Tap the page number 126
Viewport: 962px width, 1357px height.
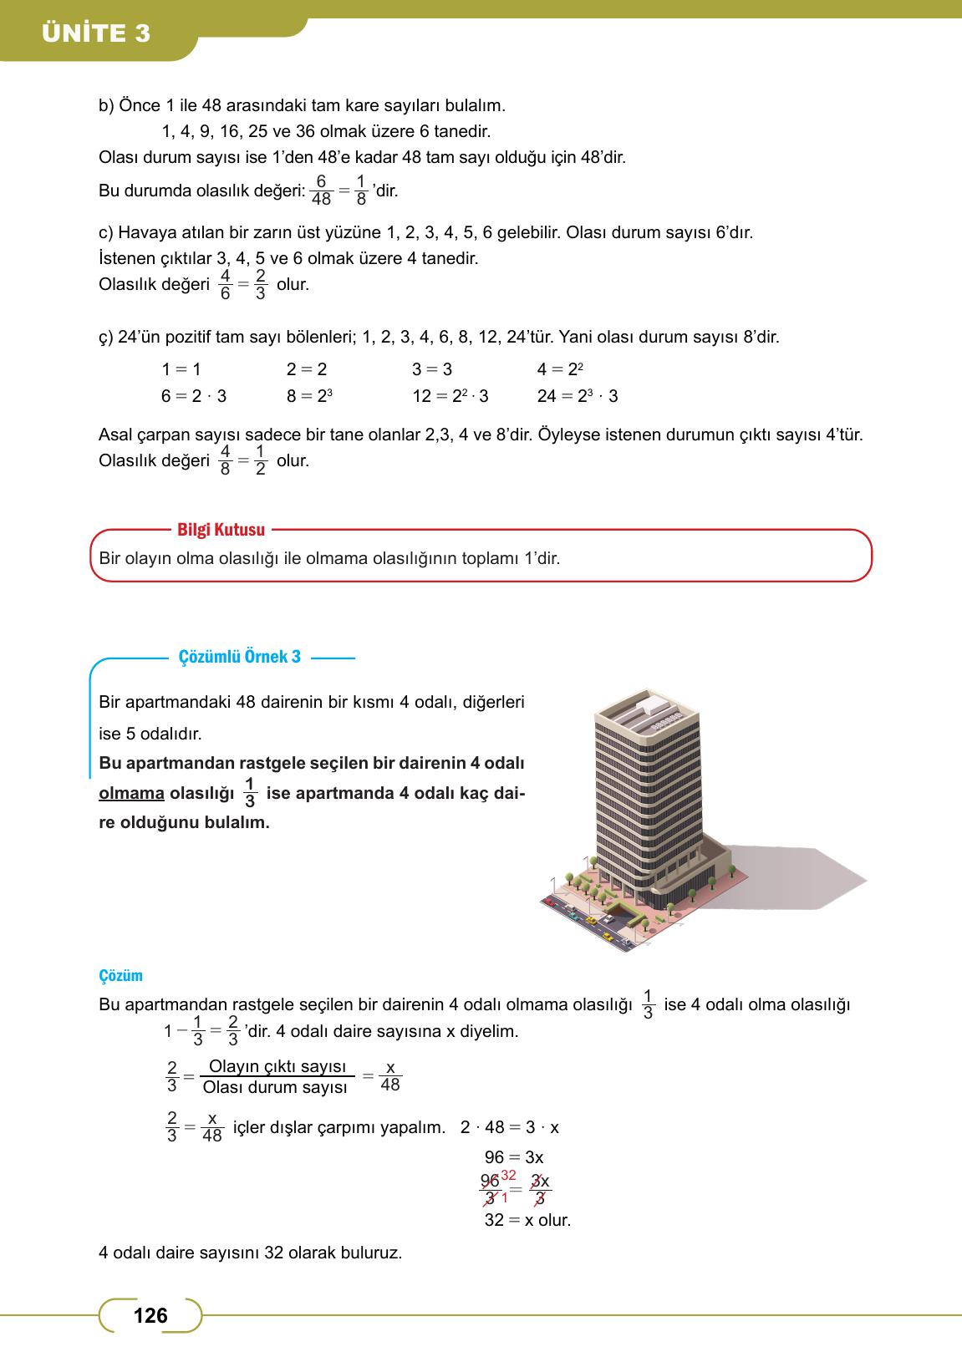click(150, 1316)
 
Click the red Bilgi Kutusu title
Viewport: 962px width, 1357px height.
click(221, 530)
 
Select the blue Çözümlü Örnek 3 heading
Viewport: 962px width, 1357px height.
click(240, 657)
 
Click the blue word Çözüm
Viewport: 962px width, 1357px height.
click(120, 975)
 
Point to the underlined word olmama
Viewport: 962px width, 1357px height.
click(131, 793)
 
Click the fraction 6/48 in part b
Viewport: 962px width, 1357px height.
click(321, 191)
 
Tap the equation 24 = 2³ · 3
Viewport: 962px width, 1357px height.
click(578, 396)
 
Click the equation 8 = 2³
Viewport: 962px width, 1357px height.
click(310, 396)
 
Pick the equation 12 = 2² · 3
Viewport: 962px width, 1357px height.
click(450, 396)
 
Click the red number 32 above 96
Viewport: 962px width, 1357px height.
click(509, 1176)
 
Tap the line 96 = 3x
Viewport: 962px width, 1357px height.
click(513, 1157)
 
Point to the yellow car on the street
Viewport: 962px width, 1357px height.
click(590, 920)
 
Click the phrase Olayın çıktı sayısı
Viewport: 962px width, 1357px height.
click(277, 1067)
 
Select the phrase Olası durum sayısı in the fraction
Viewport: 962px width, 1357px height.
click(275, 1088)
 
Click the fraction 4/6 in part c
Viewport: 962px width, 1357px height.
click(225, 284)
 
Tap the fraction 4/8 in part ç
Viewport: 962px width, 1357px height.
click(225, 460)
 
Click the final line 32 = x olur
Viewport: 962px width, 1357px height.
click(527, 1220)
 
